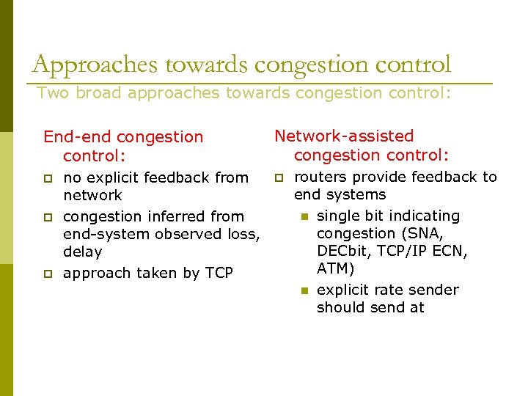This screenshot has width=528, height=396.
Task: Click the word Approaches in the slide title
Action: (96, 65)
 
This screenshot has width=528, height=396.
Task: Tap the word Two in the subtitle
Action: (51, 93)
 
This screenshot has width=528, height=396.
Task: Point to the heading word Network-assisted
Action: (344, 136)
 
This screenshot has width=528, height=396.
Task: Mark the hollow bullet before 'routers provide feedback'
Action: (279, 177)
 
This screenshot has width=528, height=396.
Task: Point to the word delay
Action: (83, 252)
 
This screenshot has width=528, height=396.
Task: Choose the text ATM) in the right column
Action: (336, 268)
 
